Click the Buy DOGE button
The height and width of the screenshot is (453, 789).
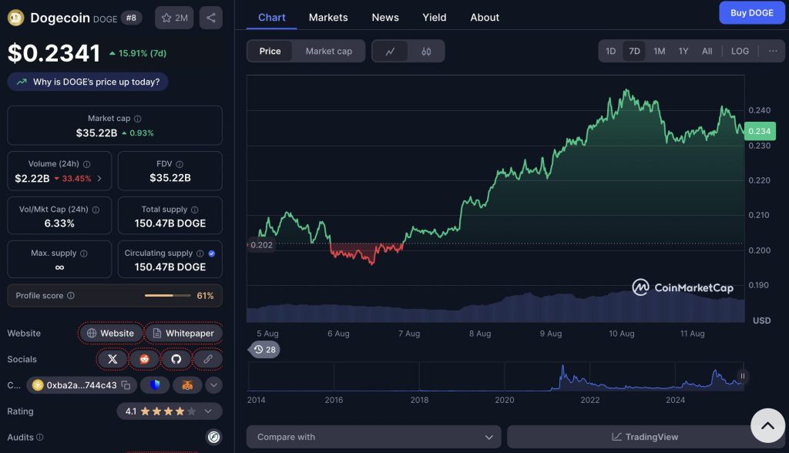751,12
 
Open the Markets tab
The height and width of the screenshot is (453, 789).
328,17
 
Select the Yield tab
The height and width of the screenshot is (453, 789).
435,17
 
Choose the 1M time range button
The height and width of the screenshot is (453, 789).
659,51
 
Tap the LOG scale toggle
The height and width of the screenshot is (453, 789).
740,51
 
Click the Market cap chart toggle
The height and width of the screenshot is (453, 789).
328,51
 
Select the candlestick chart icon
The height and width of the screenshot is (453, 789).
426,52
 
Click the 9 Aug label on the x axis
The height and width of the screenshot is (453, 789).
550,334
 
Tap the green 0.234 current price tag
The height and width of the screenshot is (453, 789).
759,132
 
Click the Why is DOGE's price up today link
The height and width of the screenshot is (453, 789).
88,82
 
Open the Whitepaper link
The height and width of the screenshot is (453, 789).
183,334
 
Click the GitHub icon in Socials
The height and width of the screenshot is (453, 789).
176,359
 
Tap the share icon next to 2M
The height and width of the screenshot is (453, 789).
211,18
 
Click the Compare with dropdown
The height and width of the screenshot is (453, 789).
374,437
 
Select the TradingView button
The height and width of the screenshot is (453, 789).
645,437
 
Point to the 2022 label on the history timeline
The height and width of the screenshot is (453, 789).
590,400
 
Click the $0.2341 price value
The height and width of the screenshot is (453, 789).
54,53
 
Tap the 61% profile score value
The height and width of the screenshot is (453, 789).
205,296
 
